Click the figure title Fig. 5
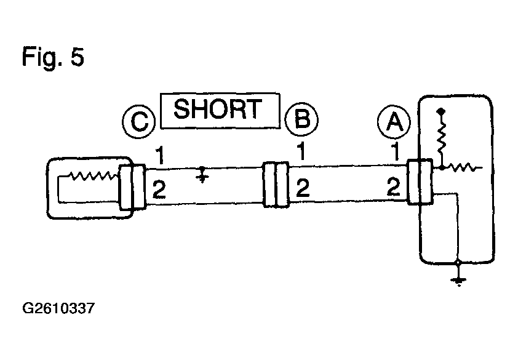(x=53, y=57)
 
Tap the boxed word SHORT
(x=220, y=110)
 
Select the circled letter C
(x=139, y=121)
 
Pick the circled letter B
(x=301, y=119)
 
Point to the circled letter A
(x=394, y=122)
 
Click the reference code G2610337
(x=58, y=308)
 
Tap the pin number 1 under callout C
(x=160, y=154)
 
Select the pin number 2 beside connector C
(x=159, y=190)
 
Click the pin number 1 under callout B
(x=301, y=151)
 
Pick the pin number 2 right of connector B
(x=303, y=188)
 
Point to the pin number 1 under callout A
(x=395, y=151)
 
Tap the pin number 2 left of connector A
(x=394, y=187)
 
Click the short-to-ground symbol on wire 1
(x=202, y=175)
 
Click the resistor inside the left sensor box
(x=93, y=176)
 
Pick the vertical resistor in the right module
(x=441, y=139)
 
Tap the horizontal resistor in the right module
(x=463, y=167)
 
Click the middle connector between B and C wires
(x=276, y=185)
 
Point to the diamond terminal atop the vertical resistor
(x=440, y=112)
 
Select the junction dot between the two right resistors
(x=442, y=167)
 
